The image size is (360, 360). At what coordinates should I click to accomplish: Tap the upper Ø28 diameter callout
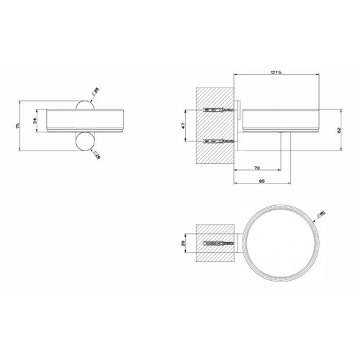[96, 93]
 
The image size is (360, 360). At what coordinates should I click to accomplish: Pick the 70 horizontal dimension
[257, 168]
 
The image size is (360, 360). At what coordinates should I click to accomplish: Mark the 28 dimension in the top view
[184, 243]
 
